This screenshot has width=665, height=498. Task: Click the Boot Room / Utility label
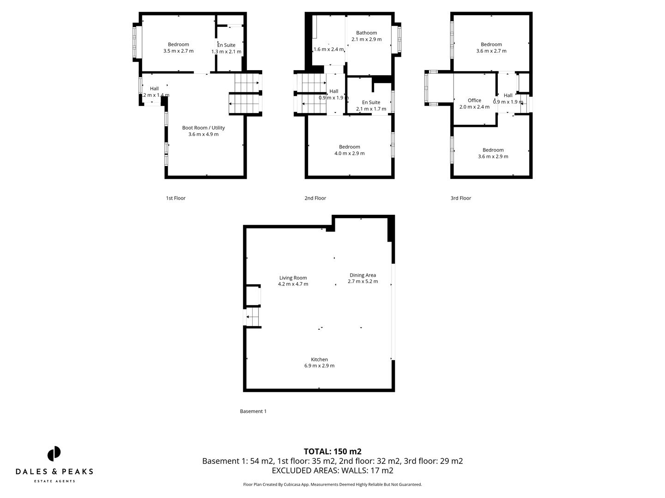pyautogui.click(x=203, y=128)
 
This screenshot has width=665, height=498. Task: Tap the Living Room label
pyautogui.click(x=293, y=278)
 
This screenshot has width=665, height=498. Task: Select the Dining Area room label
pyautogui.click(x=363, y=275)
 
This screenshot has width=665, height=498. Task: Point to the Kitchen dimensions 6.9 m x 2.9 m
pyautogui.click(x=319, y=366)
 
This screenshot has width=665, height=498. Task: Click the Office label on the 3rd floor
pyautogui.click(x=474, y=100)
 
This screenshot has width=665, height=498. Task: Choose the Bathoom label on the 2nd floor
pyautogui.click(x=366, y=33)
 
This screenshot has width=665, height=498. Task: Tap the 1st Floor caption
pyautogui.click(x=175, y=198)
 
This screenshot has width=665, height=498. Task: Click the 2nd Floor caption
pyautogui.click(x=315, y=198)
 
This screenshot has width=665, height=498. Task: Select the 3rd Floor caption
pyautogui.click(x=460, y=198)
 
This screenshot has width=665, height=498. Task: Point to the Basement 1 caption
pyautogui.click(x=253, y=411)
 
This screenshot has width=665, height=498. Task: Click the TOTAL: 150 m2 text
pyautogui.click(x=332, y=451)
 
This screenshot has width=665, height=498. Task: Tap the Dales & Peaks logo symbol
pyautogui.click(x=54, y=454)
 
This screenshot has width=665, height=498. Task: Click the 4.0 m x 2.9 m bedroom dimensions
pyautogui.click(x=349, y=154)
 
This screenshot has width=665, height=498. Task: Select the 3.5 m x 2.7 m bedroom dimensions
pyautogui.click(x=178, y=51)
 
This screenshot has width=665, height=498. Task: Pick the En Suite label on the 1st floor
pyautogui.click(x=226, y=45)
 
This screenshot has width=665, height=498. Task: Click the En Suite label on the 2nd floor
pyautogui.click(x=371, y=102)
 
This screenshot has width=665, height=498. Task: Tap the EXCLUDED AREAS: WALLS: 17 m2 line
pyautogui.click(x=332, y=470)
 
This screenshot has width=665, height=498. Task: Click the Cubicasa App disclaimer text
pyautogui.click(x=332, y=485)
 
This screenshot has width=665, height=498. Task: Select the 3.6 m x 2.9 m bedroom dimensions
pyautogui.click(x=493, y=156)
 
